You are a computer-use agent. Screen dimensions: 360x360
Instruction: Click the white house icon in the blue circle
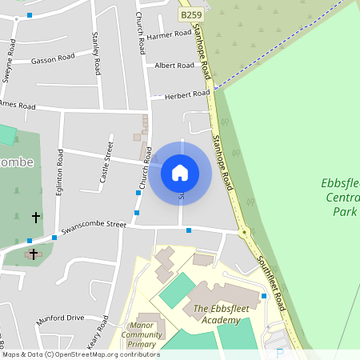(180, 172)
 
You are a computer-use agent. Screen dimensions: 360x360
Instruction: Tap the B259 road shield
(190, 15)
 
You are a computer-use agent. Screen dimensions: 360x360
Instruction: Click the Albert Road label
(174, 66)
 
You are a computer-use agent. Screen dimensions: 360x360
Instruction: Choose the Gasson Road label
(53, 59)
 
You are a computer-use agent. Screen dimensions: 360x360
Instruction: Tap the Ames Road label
(18, 105)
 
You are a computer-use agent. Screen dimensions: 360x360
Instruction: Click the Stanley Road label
(96, 53)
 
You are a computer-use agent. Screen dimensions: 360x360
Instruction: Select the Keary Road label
(98, 330)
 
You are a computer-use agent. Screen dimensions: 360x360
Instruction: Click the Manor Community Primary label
(142, 335)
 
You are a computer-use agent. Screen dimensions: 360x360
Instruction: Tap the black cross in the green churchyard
(35, 217)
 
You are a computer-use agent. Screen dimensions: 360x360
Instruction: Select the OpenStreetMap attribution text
(80, 354)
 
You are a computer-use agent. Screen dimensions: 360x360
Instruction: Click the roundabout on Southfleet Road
(244, 233)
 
